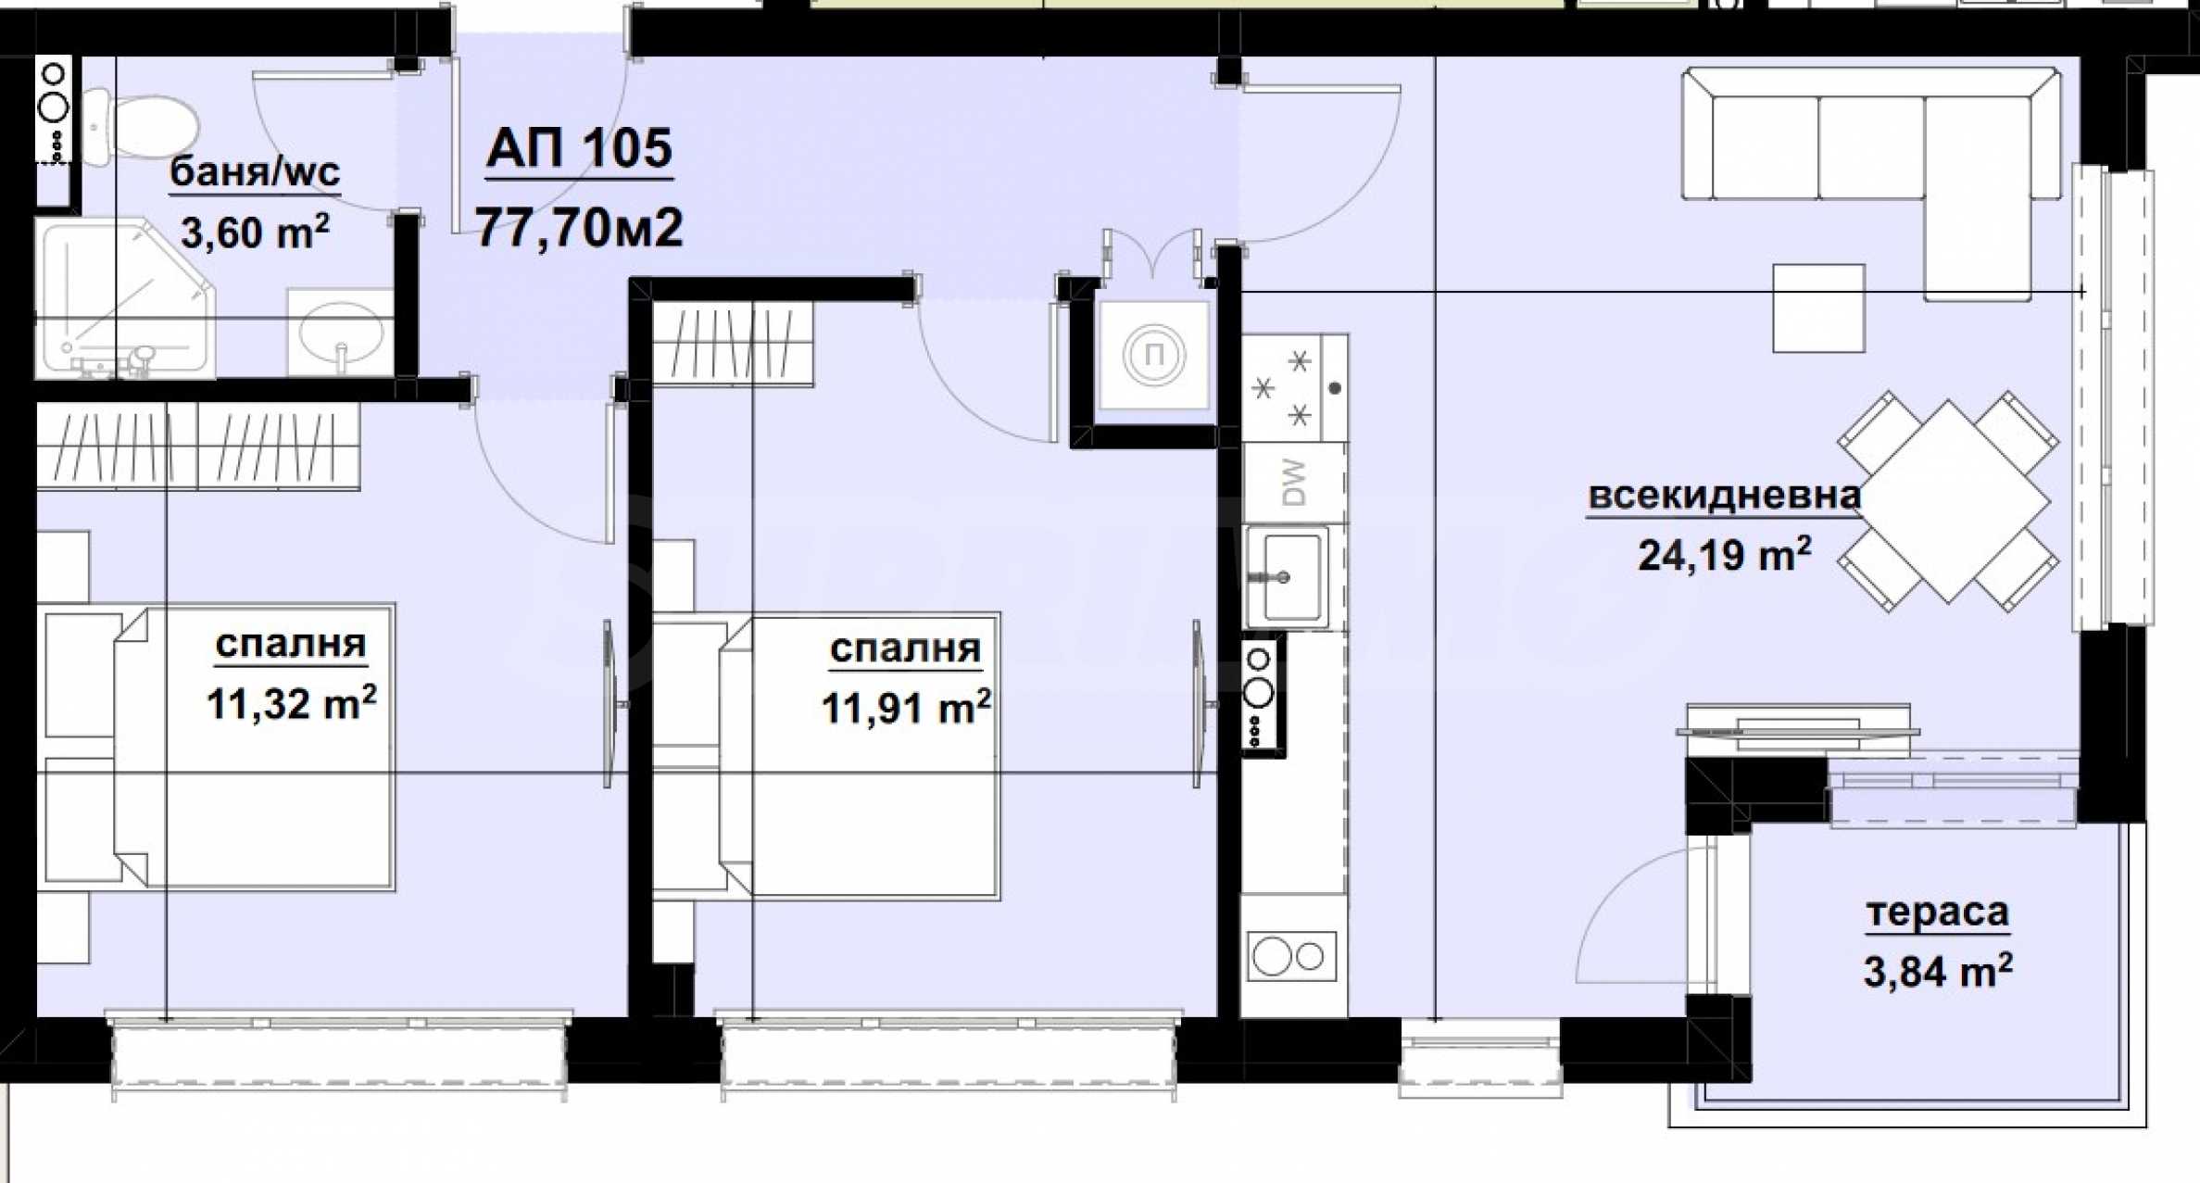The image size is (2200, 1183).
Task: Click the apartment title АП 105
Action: pyautogui.click(x=580, y=148)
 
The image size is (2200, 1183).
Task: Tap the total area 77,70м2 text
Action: pyautogui.click(x=580, y=227)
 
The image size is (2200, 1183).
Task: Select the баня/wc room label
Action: pyautogui.click(x=255, y=171)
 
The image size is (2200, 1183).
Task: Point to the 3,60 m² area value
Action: pyautogui.click(x=255, y=232)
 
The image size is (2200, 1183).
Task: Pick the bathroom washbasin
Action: pyautogui.click(x=341, y=332)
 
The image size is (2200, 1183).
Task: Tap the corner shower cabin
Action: pyautogui.click(x=124, y=298)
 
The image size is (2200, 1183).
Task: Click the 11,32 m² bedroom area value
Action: pyautogui.click(x=291, y=703)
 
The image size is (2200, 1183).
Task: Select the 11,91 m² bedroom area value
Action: pyautogui.click(x=906, y=708)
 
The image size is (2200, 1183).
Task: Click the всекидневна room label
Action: pyautogui.click(x=1724, y=496)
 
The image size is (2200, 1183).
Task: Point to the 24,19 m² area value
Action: pyautogui.click(x=1725, y=555)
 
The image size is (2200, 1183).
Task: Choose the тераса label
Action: pyautogui.click(x=1937, y=912)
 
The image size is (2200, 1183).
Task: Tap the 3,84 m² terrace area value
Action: pyautogui.click(x=1938, y=972)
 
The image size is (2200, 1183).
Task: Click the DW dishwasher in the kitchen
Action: pyautogui.click(x=1294, y=482)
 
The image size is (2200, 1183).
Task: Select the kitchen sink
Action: pyautogui.click(x=1288, y=577)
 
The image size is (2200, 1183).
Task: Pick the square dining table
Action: pyautogui.click(x=1948, y=501)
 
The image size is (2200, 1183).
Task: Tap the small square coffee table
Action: pyautogui.click(x=1818, y=308)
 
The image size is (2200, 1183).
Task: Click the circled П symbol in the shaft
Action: pyautogui.click(x=1154, y=354)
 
